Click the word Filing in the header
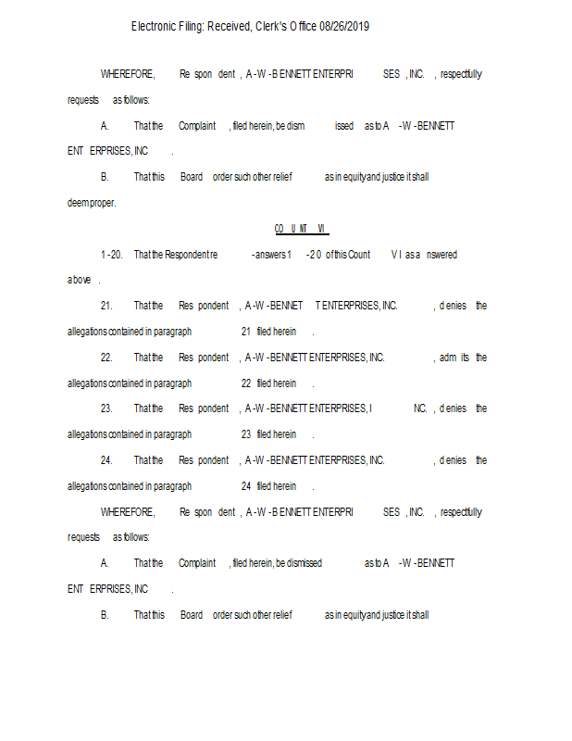[x=192, y=27]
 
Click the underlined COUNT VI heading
[x=301, y=228]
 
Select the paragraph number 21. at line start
[x=106, y=306]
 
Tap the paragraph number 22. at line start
[x=106, y=358]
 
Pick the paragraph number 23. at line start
[x=106, y=408]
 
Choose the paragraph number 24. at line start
[x=106, y=460]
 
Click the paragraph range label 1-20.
[x=111, y=255]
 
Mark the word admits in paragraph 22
[x=454, y=358]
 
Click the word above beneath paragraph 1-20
[x=79, y=280]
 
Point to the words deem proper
[x=91, y=203]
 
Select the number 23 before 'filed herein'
[x=246, y=434]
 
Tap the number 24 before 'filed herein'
[x=246, y=486]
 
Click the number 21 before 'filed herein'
[x=246, y=332]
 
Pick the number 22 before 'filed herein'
[x=246, y=383]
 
